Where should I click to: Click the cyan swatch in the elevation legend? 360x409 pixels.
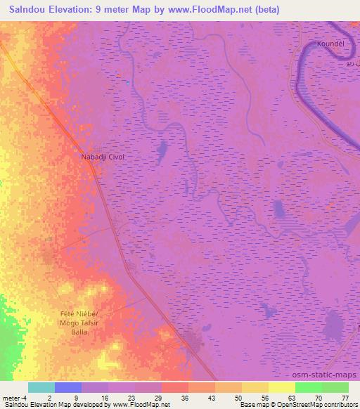coord(41,387)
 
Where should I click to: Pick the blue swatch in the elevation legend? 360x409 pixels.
coord(67,387)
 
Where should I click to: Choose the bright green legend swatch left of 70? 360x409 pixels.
coord(308,387)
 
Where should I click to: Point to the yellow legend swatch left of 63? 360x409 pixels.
coord(281,387)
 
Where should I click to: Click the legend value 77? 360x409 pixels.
coord(345,398)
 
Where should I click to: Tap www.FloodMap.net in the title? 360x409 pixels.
coord(214,10)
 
